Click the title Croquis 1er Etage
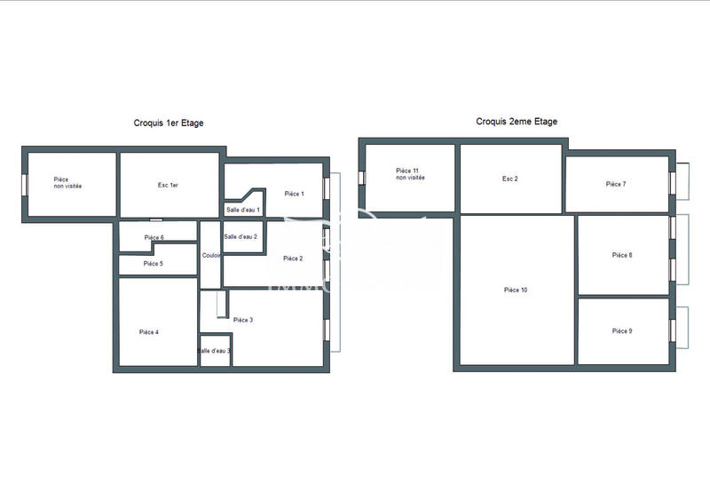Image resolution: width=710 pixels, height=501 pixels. point(168,123)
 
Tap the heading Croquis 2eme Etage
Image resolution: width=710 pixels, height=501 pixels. point(517,122)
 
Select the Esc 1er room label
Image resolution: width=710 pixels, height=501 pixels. point(169,185)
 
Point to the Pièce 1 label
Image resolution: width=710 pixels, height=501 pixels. point(294,194)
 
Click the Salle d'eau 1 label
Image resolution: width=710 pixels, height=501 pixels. point(242,210)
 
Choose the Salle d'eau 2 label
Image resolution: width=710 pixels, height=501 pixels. point(241,237)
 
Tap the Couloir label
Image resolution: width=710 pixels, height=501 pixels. point(211,256)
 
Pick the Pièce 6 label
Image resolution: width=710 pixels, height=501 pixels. point(154,238)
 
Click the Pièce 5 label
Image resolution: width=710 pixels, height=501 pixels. point(153,264)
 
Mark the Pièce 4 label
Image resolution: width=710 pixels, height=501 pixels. point(149,332)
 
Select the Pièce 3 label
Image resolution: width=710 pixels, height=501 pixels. point(243,320)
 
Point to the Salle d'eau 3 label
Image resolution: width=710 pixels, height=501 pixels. point(214,352)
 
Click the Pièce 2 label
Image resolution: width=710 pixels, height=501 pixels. point(293,258)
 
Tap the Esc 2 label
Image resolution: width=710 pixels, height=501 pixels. point(509,179)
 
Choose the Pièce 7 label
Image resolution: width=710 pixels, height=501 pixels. point(616,184)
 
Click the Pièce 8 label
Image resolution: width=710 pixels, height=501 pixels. point(622,255)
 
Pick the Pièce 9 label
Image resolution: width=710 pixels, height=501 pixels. point(622,330)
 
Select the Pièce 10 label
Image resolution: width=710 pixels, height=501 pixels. point(516,290)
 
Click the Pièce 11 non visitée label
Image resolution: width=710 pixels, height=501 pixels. point(410,174)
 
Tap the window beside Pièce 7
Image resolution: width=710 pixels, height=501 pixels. point(681,182)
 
